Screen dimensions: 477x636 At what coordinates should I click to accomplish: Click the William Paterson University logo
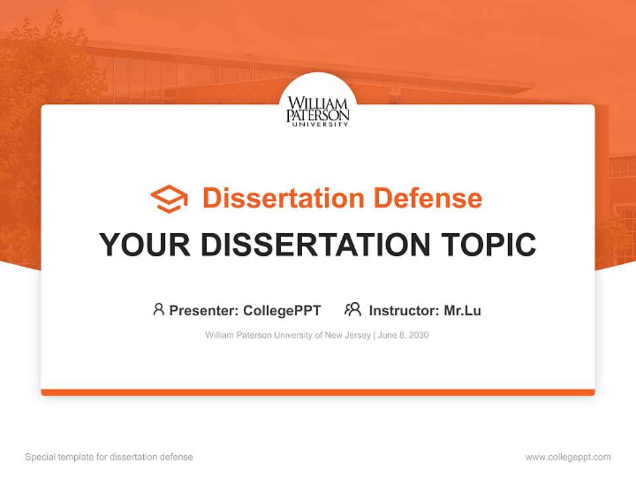pyautogui.click(x=318, y=110)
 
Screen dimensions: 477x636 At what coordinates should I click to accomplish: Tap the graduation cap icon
pyautogui.click(x=169, y=199)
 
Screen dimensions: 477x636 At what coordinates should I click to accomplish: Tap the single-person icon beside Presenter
pyautogui.click(x=158, y=309)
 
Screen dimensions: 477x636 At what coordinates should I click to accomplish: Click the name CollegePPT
pyautogui.click(x=282, y=310)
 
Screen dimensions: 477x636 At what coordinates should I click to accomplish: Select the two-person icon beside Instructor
pyautogui.click(x=353, y=309)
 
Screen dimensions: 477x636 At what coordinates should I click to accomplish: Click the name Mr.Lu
pyautogui.click(x=462, y=310)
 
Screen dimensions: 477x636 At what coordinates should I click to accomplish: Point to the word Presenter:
pyautogui.click(x=204, y=310)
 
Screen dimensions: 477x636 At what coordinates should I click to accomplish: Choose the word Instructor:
pyautogui.click(x=403, y=310)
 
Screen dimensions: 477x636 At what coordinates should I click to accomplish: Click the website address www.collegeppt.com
pyautogui.click(x=568, y=457)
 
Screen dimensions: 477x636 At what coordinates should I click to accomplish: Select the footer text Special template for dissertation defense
pyautogui.click(x=109, y=457)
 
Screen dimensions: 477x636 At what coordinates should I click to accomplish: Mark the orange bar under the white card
pyautogui.click(x=318, y=392)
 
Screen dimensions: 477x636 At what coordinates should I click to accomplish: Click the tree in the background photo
pyautogui.click(x=40, y=73)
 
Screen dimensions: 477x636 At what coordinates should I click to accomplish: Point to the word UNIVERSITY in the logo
pyautogui.click(x=318, y=124)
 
